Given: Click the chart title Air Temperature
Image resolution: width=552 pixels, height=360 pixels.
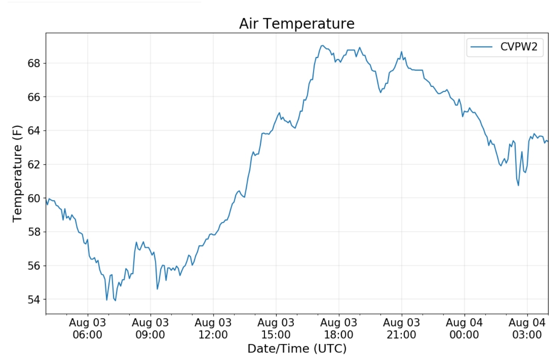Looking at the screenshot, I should pyautogui.click(x=297, y=24).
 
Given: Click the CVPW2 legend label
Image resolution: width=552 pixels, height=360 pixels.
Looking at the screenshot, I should pyautogui.click(x=519, y=47).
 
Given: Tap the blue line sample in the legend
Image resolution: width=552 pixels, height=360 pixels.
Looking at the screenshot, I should pyautogui.click(x=481, y=47).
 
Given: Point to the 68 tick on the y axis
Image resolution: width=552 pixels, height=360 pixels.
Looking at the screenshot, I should pyautogui.click(x=34, y=63).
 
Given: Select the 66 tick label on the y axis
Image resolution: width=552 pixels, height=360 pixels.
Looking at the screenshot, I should pyautogui.click(x=34, y=97).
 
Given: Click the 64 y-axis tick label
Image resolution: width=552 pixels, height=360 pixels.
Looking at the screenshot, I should pyautogui.click(x=34, y=131).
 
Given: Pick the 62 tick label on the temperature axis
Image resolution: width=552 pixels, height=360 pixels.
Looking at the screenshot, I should pyautogui.click(x=34, y=164).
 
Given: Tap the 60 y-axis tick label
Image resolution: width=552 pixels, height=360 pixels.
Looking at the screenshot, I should pyautogui.click(x=34, y=198).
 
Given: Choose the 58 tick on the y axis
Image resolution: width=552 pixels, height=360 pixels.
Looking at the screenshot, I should pyautogui.click(x=34, y=232).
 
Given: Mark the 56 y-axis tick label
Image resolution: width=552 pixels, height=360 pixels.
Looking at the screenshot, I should pyautogui.click(x=34, y=266).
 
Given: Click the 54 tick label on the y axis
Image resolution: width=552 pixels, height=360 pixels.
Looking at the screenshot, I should pyautogui.click(x=34, y=299).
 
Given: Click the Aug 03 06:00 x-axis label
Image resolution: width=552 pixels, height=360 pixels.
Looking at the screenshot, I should pyautogui.click(x=87, y=329).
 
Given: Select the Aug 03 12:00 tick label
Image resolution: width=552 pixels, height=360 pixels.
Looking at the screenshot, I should pyautogui.click(x=213, y=329).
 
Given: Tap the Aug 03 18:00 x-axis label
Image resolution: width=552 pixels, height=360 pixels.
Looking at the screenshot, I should pyautogui.click(x=339, y=329).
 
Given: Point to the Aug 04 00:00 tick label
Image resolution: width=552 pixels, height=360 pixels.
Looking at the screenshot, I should pyautogui.click(x=464, y=329).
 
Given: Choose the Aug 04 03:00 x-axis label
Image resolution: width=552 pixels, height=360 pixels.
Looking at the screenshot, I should pyautogui.click(x=527, y=329).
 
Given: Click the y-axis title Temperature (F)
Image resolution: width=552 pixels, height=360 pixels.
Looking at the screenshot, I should pyautogui.click(x=17, y=173).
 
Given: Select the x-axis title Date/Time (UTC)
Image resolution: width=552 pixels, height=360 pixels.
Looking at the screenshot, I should pyautogui.click(x=297, y=348).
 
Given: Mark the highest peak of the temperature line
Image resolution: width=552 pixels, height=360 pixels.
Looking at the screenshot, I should pyautogui.click(x=322, y=46).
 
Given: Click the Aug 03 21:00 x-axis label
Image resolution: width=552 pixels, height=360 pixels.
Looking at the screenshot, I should pyautogui.click(x=401, y=329).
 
